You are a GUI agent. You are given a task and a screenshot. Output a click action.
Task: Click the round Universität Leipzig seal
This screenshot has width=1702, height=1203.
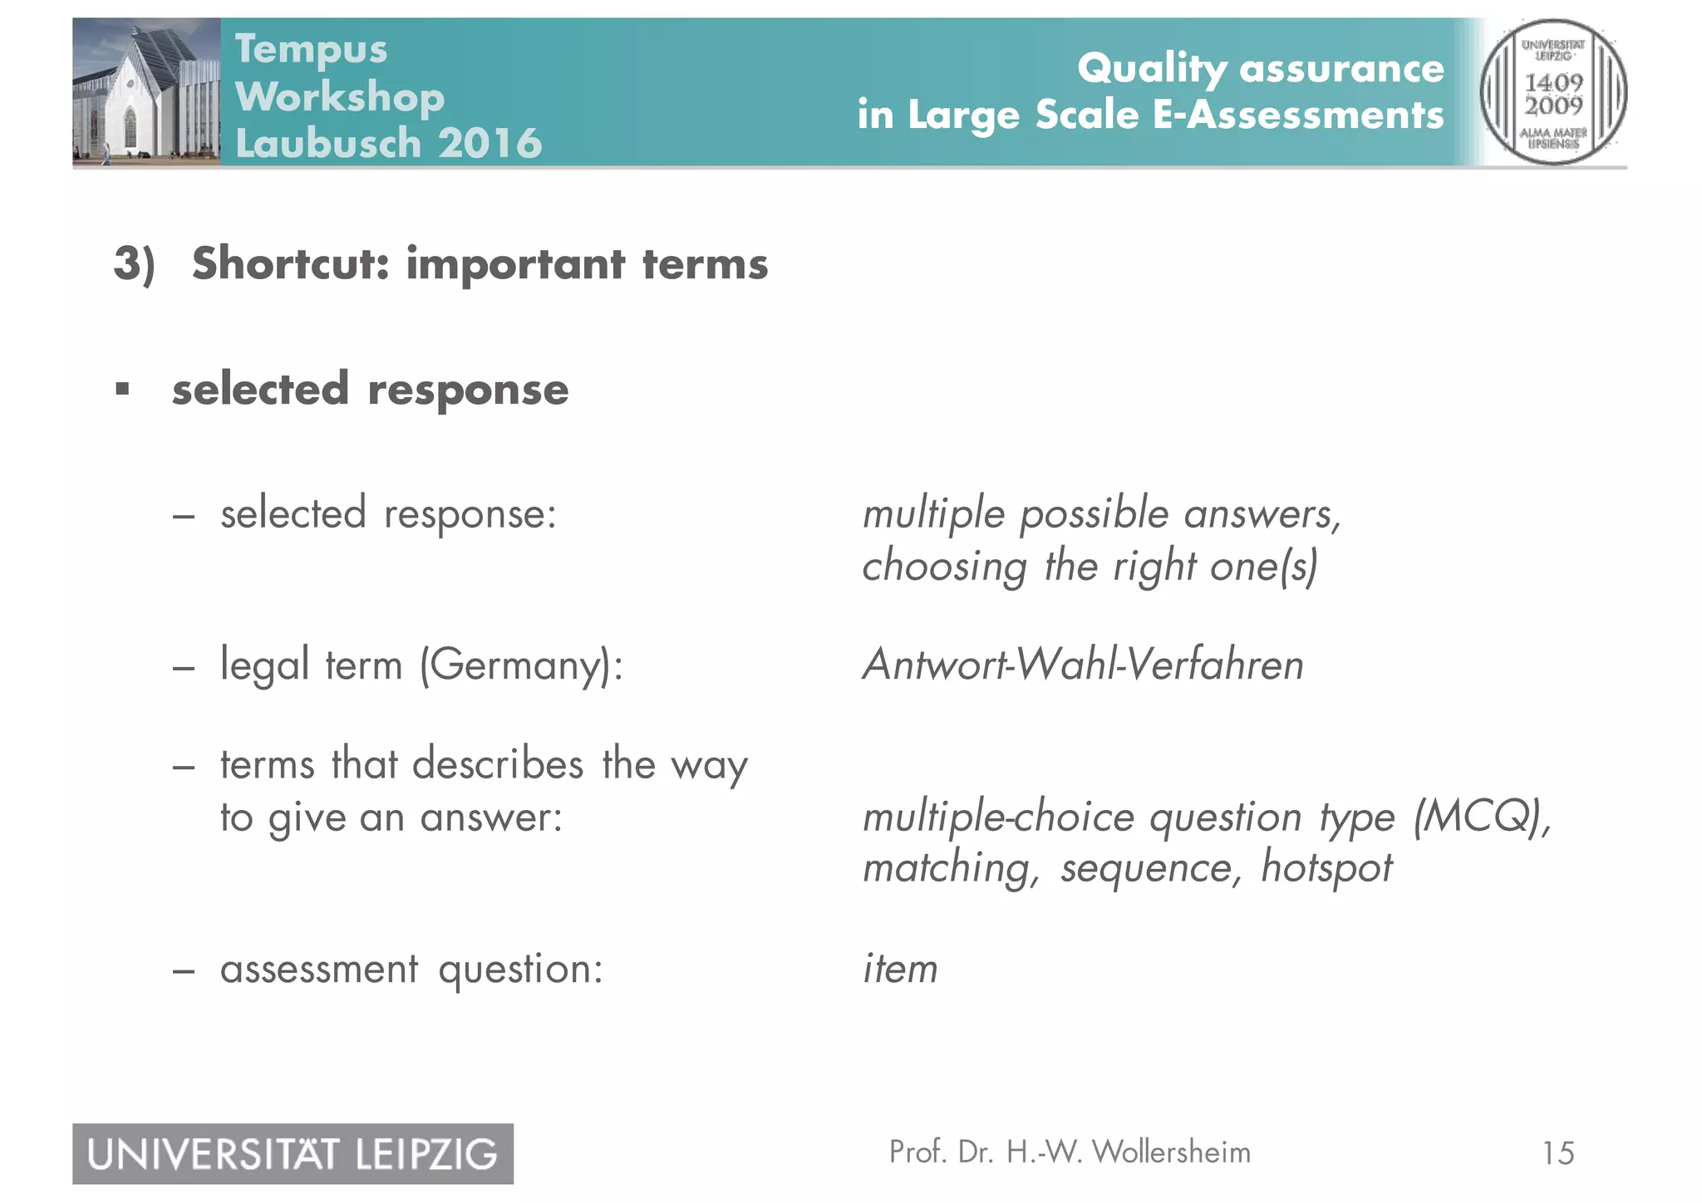click(x=1552, y=92)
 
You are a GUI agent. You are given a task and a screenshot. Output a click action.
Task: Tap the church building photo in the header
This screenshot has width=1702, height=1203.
click(x=146, y=91)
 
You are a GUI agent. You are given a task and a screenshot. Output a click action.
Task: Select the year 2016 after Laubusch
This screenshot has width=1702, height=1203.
click(x=490, y=143)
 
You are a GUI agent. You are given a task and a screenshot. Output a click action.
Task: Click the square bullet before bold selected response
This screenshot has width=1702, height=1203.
click(x=123, y=389)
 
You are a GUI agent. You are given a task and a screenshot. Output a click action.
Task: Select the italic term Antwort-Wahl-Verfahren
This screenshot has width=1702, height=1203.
click(x=1083, y=665)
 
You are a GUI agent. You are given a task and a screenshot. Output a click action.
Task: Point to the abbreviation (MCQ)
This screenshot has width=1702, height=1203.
click(x=1482, y=817)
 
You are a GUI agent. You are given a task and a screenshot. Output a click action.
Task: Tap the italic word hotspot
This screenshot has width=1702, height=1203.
click(x=1326, y=868)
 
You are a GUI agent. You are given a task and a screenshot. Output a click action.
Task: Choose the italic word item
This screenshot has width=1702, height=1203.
click(x=900, y=969)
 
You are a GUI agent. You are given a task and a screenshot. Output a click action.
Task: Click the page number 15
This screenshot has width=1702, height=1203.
click(x=1557, y=1153)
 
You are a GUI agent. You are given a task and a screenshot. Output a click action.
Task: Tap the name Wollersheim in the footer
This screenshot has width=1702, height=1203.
click(x=1171, y=1152)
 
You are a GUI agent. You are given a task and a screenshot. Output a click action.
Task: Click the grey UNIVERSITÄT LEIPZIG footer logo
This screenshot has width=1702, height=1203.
click(x=293, y=1154)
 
